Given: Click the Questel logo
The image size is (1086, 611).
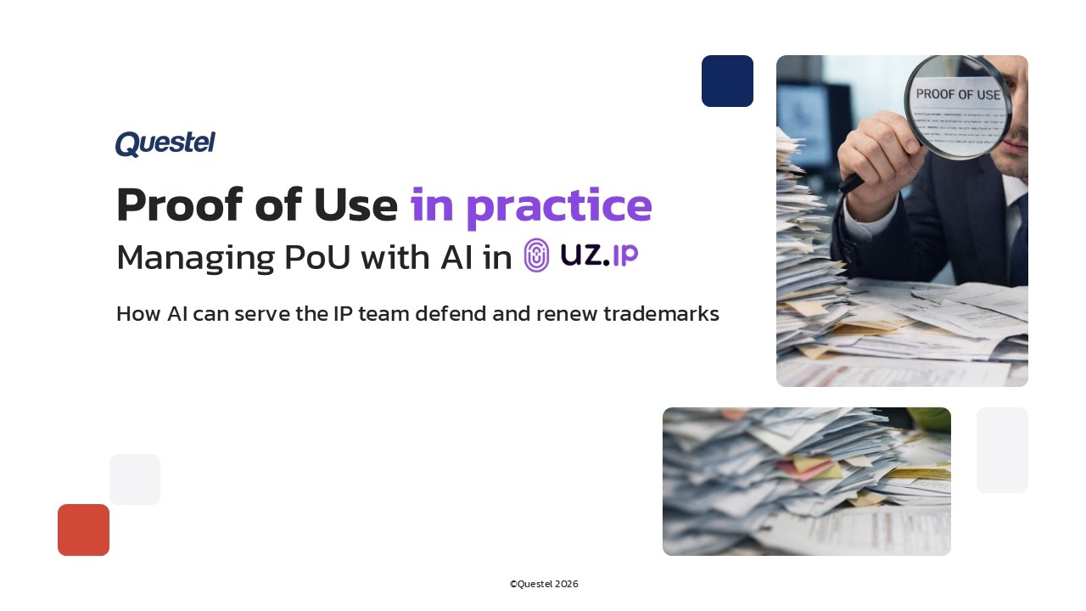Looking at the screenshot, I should tap(165, 144).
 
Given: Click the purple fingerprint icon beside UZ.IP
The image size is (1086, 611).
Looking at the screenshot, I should tap(536, 255).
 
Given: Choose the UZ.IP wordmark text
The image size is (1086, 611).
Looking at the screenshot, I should tap(599, 254).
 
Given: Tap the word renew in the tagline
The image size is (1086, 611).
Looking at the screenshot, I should tap(566, 314).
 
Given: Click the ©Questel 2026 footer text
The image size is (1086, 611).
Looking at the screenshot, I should tap(544, 584).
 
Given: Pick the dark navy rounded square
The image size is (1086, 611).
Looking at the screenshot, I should tap(727, 81).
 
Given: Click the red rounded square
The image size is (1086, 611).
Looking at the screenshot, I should tap(83, 530).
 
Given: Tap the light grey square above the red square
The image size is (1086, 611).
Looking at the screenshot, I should tap(135, 479).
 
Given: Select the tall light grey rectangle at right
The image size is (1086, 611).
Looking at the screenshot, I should tap(1002, 450).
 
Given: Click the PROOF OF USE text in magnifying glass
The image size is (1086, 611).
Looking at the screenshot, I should tap(958, 95).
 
